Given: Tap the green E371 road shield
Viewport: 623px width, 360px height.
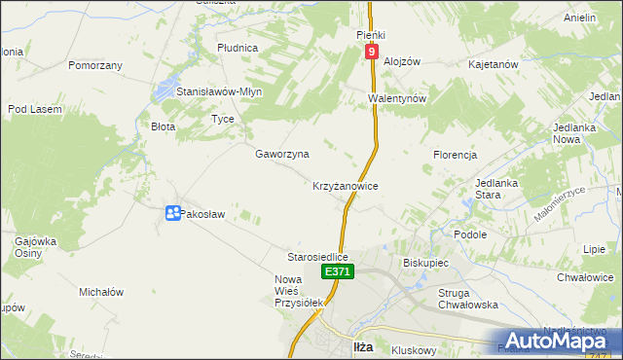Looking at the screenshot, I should [338, 272].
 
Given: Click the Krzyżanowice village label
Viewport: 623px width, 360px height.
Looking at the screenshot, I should [345, 185].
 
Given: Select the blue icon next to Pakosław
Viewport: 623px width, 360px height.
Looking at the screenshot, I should [171, 213].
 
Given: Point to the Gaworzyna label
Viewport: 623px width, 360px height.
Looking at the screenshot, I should [282, 154].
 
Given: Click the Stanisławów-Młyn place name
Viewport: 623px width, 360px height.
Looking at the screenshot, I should [219, 91].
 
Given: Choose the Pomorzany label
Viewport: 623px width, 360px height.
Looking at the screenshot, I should [94, 65].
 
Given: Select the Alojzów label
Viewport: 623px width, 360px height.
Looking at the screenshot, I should [401, 60].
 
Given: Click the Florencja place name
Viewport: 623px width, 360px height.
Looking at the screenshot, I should [455, 155].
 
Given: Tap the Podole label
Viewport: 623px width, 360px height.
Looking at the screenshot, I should [470, 234].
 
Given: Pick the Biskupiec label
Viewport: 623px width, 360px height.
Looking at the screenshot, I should [424, 263].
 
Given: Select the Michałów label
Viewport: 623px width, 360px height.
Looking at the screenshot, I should [100, 292].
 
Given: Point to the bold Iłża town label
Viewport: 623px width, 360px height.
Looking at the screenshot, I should [362, 347].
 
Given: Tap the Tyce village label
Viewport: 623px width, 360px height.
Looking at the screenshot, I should [223, 119].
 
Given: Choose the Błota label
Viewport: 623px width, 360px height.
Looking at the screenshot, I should [163, 126].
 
